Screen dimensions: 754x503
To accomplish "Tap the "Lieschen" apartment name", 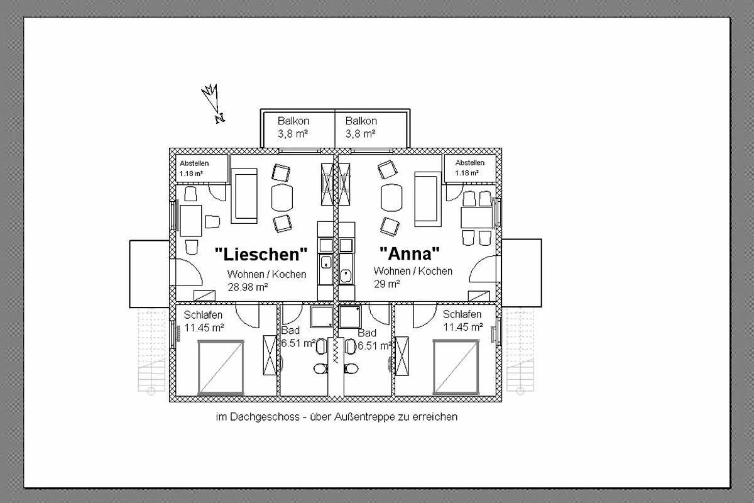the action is [261, 254].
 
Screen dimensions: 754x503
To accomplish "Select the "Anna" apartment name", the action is [410, 253].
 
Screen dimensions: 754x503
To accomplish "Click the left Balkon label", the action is [293, 121].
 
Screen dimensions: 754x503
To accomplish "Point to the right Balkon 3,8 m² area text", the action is [361, 134].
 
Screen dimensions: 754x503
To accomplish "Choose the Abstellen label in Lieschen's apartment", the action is [194, 163].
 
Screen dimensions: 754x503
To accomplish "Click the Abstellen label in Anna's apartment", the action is [470, 163].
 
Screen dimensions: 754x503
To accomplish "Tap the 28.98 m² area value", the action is [248, 287].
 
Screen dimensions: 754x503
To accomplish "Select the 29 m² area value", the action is [387, 284].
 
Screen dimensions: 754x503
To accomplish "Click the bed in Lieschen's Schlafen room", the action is [221, 367].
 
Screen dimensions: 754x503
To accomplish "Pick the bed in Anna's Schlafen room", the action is [456, 367].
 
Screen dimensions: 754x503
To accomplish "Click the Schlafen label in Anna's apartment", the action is [462, 314].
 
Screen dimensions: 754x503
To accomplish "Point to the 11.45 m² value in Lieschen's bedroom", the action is [204, 328].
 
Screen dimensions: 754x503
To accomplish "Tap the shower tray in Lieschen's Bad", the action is [322, 317].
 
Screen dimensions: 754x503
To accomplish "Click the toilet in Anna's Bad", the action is [351, 368].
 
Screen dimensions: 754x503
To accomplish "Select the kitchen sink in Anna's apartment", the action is [346, 275].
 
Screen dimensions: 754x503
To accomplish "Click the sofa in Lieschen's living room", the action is [244, 196].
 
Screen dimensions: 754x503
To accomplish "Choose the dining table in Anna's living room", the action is [477, 218].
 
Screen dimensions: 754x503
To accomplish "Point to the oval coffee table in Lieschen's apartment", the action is [281, 198].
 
